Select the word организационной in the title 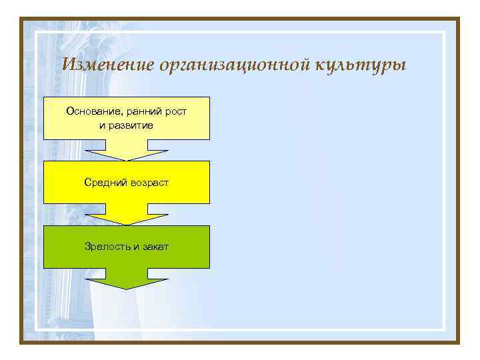(x=227, y=65)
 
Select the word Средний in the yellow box (x=103, y=182)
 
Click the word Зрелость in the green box (x=107, y=247)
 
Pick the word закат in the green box (x=155, y=247)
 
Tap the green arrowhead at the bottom (x=127, y=281)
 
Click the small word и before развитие (x=102, y=125)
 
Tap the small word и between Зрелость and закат (x=135, y=247)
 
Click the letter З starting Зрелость (x=87, y=247)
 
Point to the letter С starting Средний (x=87, y=182)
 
